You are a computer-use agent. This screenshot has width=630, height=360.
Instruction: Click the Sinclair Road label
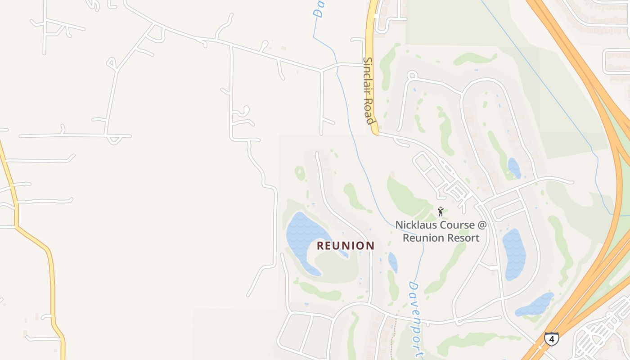(x=369, y=90)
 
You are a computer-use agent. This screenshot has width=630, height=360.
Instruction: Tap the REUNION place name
(x=346, y=246)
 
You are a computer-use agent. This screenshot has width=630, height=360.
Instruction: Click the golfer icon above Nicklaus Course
(x=441, y=211)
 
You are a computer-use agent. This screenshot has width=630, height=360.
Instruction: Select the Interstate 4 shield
(x=551, y=338)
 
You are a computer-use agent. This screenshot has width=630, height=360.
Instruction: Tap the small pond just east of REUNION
(x=393, y=262)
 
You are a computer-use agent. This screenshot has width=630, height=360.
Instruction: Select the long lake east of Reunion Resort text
(x=513, y=253)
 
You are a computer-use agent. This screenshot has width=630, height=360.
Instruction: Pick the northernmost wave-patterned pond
(x=513, y=167)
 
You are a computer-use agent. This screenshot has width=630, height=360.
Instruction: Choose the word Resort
(x=461, y=238)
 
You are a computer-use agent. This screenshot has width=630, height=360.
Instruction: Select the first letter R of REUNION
(x=320, y=246)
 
